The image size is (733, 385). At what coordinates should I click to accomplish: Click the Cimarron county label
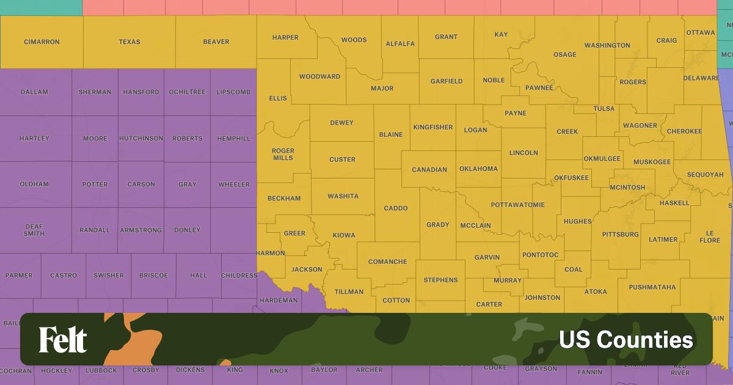[x=42, y=42]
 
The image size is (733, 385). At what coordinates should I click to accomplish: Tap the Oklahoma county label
[x=478, y=169]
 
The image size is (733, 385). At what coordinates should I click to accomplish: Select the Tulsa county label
[x=604, y=109]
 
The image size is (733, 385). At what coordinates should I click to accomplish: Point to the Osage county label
[x=564, y=54]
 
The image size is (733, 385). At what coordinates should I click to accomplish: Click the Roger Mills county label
[x=283, y=154]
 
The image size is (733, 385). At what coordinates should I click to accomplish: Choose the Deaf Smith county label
[x=34, y=230]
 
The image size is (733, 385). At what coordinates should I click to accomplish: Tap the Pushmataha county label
[x=652, y=287]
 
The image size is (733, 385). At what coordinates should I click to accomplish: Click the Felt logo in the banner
[x=63, y=340]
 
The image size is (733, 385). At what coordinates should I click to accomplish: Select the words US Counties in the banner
[x=625, y=340]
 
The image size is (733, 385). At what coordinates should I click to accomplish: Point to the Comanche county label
[x=387, y=262]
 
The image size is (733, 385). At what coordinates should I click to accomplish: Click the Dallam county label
[x=34, y=92]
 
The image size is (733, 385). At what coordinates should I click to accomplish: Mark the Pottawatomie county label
[x=517, y=204]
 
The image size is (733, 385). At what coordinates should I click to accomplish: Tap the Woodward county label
[x=319, y=76]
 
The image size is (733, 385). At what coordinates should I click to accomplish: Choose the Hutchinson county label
[x=141, y=138]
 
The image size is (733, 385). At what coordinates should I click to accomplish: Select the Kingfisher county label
[x=432, y=127]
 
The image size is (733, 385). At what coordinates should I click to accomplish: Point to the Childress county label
[x=239, y=276]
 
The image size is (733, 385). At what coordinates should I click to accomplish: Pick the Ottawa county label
[x=700, y=32]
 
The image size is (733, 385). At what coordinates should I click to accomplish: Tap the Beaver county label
[x=216, y=42]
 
